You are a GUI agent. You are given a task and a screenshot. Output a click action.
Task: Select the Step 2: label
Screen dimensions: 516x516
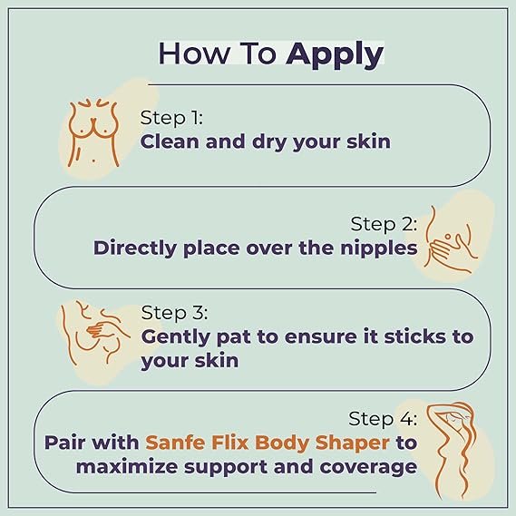point(384,223)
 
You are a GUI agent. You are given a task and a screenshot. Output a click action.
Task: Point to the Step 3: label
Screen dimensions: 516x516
point(174,313)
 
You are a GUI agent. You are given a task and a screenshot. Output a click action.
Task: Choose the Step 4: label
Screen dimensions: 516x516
point(384,419)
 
